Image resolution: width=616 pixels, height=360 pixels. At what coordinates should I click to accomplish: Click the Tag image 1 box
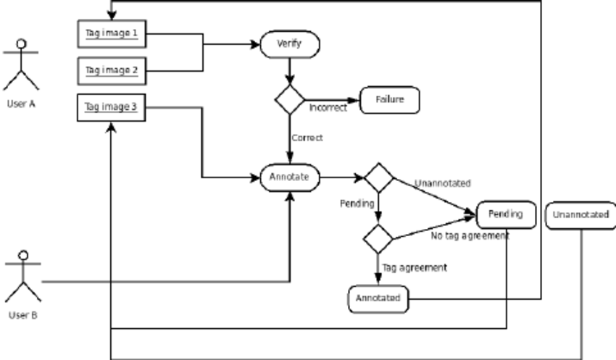(x=111, y=34)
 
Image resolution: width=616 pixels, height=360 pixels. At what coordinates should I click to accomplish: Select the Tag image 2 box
(x=111, y=70)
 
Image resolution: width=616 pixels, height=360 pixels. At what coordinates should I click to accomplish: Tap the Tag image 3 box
(x=111, y=107)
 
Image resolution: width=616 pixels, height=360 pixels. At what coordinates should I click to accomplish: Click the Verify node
(x=288, y=45)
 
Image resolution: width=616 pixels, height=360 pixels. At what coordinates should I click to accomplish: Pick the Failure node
(x=389, y=99)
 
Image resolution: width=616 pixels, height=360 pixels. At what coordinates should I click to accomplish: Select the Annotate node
(x=289, y=176)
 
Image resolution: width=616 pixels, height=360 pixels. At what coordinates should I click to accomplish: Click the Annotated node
(x=377, y=298)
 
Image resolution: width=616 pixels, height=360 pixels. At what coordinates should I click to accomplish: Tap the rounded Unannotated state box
(x=580, y=215)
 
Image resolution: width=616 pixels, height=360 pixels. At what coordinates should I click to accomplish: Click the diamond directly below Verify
(x=289, y=99)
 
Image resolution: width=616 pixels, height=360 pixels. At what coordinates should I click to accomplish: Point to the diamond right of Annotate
(x=378, y=177)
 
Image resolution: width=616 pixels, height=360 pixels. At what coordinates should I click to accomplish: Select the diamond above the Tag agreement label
(x=378, y=238)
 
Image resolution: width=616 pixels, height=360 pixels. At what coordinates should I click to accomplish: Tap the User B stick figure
(x=22, y=277)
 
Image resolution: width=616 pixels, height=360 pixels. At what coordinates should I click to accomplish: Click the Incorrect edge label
(x=328, y=109)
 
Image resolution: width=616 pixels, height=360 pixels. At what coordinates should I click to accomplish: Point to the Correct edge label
(x=307, y=138)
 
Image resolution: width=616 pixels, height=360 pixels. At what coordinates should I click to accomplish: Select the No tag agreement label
(x=470, y=236)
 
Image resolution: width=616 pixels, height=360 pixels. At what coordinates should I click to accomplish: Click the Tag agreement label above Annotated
(x=415, y=267)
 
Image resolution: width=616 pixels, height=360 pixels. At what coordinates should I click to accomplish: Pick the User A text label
(x=21, y=104)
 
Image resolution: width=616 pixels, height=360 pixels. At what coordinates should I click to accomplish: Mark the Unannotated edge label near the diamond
(x=442, y=183)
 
